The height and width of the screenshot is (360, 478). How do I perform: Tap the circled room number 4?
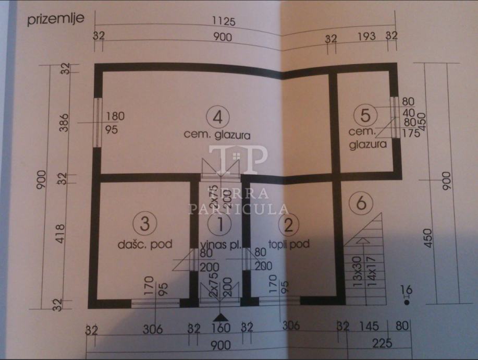(217, 117)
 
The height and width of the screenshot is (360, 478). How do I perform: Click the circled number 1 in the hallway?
(220, 225)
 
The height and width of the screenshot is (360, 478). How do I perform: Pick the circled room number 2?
(288, 225)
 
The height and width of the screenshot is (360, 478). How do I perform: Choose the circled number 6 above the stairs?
(360, 202)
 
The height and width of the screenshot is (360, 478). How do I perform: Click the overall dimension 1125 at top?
(225, 22)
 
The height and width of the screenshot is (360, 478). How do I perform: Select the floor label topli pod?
(289, 244)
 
